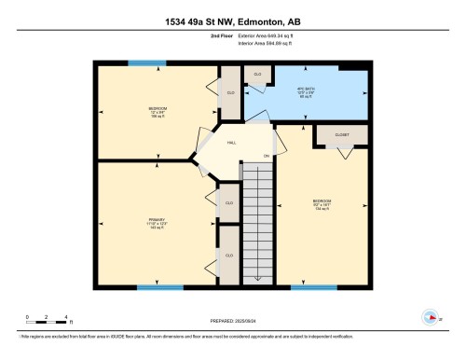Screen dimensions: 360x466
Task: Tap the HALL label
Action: (x=231, y=142)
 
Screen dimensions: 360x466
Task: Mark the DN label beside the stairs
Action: (x=266, y=155)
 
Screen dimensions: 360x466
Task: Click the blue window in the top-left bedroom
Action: (x=144, y=63)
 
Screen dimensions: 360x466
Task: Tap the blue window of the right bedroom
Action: (x=313, y=286)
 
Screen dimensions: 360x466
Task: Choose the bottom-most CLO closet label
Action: (x=228, y=255)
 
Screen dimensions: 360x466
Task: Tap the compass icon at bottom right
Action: (x=430, y=316)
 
